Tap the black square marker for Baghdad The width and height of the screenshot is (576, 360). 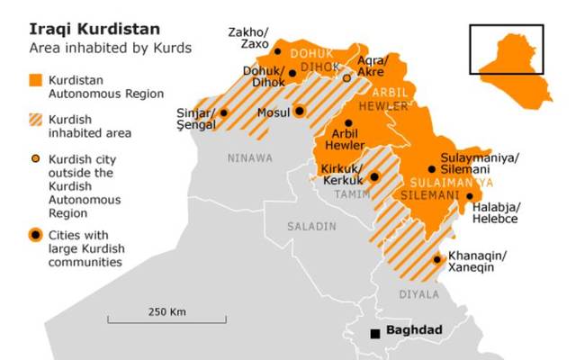[374, 333]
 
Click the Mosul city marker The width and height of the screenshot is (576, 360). [300, 112]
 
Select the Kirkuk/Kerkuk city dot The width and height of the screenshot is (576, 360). [374, 177]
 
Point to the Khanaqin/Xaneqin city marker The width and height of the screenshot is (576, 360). [437, 259]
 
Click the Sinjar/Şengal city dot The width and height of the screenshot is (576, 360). [224, 113]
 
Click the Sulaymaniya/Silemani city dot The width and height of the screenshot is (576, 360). [432, 168]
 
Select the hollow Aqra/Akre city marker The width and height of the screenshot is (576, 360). [348, 78]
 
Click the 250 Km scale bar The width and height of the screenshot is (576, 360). [166, 319]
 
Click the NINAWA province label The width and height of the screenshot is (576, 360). [249, 158]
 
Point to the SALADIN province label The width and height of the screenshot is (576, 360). [312, 226]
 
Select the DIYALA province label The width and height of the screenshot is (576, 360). [419, 293]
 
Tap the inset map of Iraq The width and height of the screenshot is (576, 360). [510, 50]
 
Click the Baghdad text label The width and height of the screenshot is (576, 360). [414, 331]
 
